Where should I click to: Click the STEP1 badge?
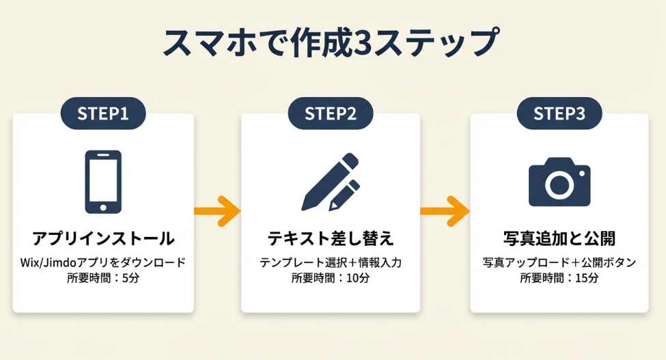tap(103, 113)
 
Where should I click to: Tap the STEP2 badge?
tap(331, 113)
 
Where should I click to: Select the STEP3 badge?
tap(559, 113)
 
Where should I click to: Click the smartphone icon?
tap(103, 182)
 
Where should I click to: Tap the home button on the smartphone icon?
tap(103, 206)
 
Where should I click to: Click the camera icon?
tap(559, 182)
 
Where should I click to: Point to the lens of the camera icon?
tap(559, 185)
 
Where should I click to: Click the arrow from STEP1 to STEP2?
tap(217, 211)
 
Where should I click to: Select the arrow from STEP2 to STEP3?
tap(445, 211)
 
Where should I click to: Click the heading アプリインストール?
tap(103, 239)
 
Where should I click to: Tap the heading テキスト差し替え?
tap(331, 239)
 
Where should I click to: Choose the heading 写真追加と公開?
tap(559, 239)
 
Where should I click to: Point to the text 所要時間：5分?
tap(103, 278)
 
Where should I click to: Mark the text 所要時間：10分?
tap(331, 278)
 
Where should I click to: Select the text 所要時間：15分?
tap(559, 278)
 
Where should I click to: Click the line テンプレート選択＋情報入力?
tap(331, 263)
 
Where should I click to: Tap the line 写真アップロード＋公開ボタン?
tap(559, 263)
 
